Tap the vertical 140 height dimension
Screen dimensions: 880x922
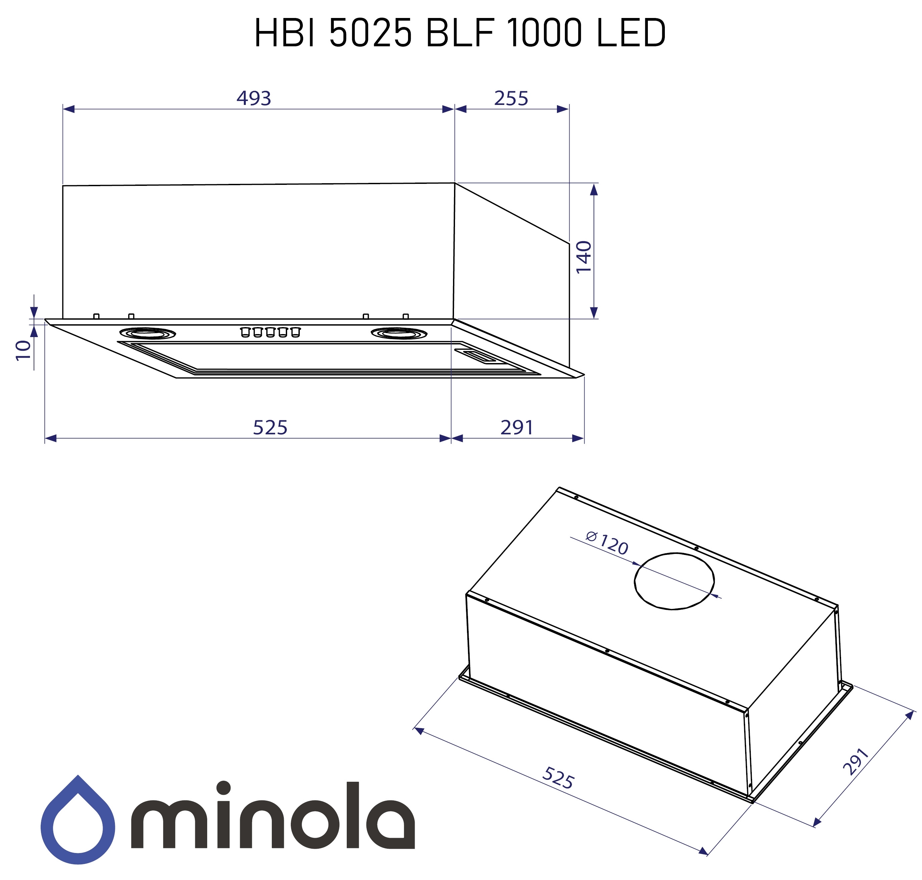point(583,257)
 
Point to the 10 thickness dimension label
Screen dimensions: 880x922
point(23,350)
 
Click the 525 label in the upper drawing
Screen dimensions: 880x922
point(270,427)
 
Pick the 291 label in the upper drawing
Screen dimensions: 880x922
point(516,427)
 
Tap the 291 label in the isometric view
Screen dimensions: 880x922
point(855,762)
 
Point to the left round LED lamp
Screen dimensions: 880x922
point(147,333)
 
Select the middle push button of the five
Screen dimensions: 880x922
point(270,332)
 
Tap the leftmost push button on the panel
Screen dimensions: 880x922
point(245,332)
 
